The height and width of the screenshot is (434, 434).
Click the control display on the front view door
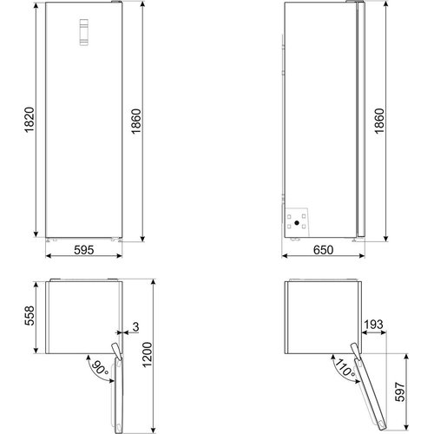coord(83,33)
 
